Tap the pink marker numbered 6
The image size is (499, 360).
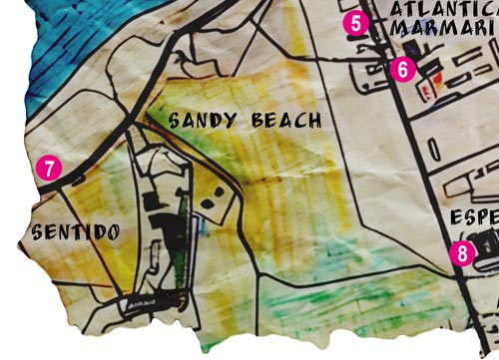(x=400, y=69)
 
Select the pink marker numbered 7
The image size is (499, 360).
(x=46, y=167)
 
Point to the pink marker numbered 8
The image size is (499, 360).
(x=461, y=252)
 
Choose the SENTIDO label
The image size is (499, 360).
(x=76, y=233)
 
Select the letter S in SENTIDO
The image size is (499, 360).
(x=37, y=233)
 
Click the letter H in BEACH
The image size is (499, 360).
(x=315, y=122)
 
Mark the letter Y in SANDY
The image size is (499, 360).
(x=233, y=122)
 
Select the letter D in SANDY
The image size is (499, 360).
(x=217, y=122)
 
